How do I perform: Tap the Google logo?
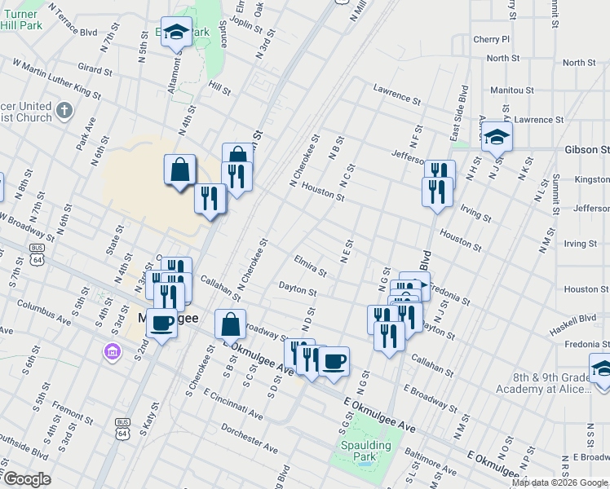[26, 479]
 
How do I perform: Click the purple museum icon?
[112, 351]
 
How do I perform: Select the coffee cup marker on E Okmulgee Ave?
[333, 361]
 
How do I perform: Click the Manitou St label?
[512, 90]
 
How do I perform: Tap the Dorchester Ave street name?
[250, 437]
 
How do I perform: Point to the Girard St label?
[94, 65]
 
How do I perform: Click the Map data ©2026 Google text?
[560, 482]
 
